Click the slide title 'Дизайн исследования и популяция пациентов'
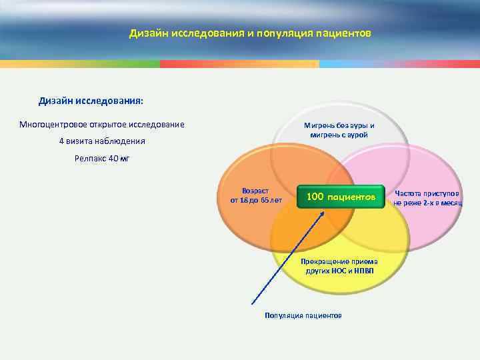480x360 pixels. [x=250, y=33]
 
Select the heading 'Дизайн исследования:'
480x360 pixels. [x=91, y=101]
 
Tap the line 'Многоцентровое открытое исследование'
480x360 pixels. [x=102, y=125]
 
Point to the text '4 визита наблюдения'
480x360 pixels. [x=102, y=142]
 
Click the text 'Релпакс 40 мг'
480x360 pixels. [x=102, y=159]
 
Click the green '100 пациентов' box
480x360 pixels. [x=341, y=198]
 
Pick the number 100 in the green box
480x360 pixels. [x=315, y=197]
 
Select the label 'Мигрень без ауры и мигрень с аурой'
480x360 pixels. [x=339, y=130]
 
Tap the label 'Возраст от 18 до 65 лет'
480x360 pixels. [x=257, y=195]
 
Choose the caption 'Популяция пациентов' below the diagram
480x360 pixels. [x=303, y=315]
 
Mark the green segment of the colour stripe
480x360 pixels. [x=80, y=65]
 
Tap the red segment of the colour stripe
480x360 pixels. [x=240, y=65]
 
